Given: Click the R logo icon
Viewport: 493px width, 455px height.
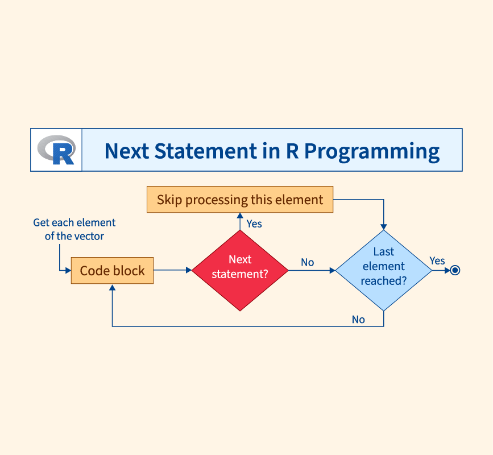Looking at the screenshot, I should click(x=56, y=150).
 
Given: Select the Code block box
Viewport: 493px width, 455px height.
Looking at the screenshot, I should click(x=112, y=271).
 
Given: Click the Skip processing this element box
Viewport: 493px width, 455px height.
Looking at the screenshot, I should click(x=239, y=200).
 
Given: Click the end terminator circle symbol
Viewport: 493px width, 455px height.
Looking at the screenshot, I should click(x=454, y=270).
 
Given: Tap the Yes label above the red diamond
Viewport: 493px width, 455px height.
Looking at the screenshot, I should click(x=254, y=224).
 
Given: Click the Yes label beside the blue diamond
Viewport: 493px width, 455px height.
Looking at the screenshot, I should click(x=437, y=260).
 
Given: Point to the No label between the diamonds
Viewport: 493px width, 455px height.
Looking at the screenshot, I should click(x=308, y=262).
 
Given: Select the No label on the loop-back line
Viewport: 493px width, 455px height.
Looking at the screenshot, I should click(x=358, y=319).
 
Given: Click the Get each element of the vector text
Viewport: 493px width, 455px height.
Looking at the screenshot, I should click(x=74, y=229).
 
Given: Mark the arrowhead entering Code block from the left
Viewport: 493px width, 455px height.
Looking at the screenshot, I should click(x=68, y=270).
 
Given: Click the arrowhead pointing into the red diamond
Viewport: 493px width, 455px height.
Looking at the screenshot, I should click(x=189, y=270).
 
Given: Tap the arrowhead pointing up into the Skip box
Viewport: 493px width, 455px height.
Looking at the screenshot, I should click(x=240, y=217).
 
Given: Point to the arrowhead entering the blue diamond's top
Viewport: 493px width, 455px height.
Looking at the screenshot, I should click(x=384, y=226).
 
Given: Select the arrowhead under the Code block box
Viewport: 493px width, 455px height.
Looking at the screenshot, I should click(x=112, y=288).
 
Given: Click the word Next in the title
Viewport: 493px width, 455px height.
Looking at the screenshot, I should click(x=126, y=151).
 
